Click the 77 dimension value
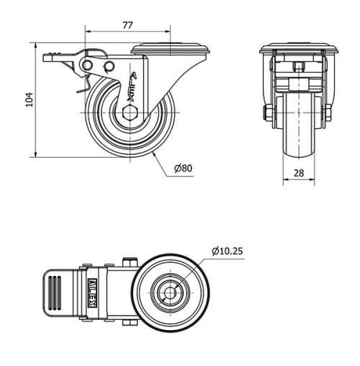[x=127, y=25]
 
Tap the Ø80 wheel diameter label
[x=183, y=169]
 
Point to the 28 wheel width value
[x=297, y=173]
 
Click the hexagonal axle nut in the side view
[x=129, y=113]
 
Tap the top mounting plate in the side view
[x=171, y=50]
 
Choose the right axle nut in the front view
[x=328, y=113]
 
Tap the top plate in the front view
[x=297, y=49]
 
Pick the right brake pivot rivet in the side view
[x=109, y=67]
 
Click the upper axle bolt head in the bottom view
[x=131, y=262]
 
